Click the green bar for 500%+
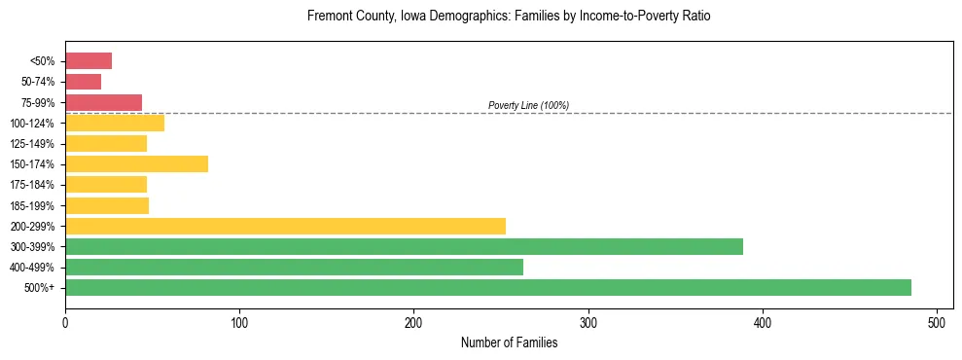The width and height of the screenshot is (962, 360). pos(487,287)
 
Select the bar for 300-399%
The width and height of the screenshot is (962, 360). pos(404,246)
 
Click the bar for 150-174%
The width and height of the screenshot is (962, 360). pos(136,163)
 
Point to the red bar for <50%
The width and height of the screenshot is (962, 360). pos(89,61)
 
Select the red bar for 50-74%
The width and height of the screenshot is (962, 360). pos(83,82)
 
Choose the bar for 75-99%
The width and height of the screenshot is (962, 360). pos(103,102)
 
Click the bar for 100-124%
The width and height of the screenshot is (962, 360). pos(115,123)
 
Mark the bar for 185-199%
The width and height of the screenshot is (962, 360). pos(107,205)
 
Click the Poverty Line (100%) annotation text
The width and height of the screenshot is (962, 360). pos(528,105)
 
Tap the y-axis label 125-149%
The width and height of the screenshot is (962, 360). pos(33,144)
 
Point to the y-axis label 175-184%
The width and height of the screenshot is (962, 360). pos(33,185)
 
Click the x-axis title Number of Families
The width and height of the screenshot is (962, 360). pos(509,342)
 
